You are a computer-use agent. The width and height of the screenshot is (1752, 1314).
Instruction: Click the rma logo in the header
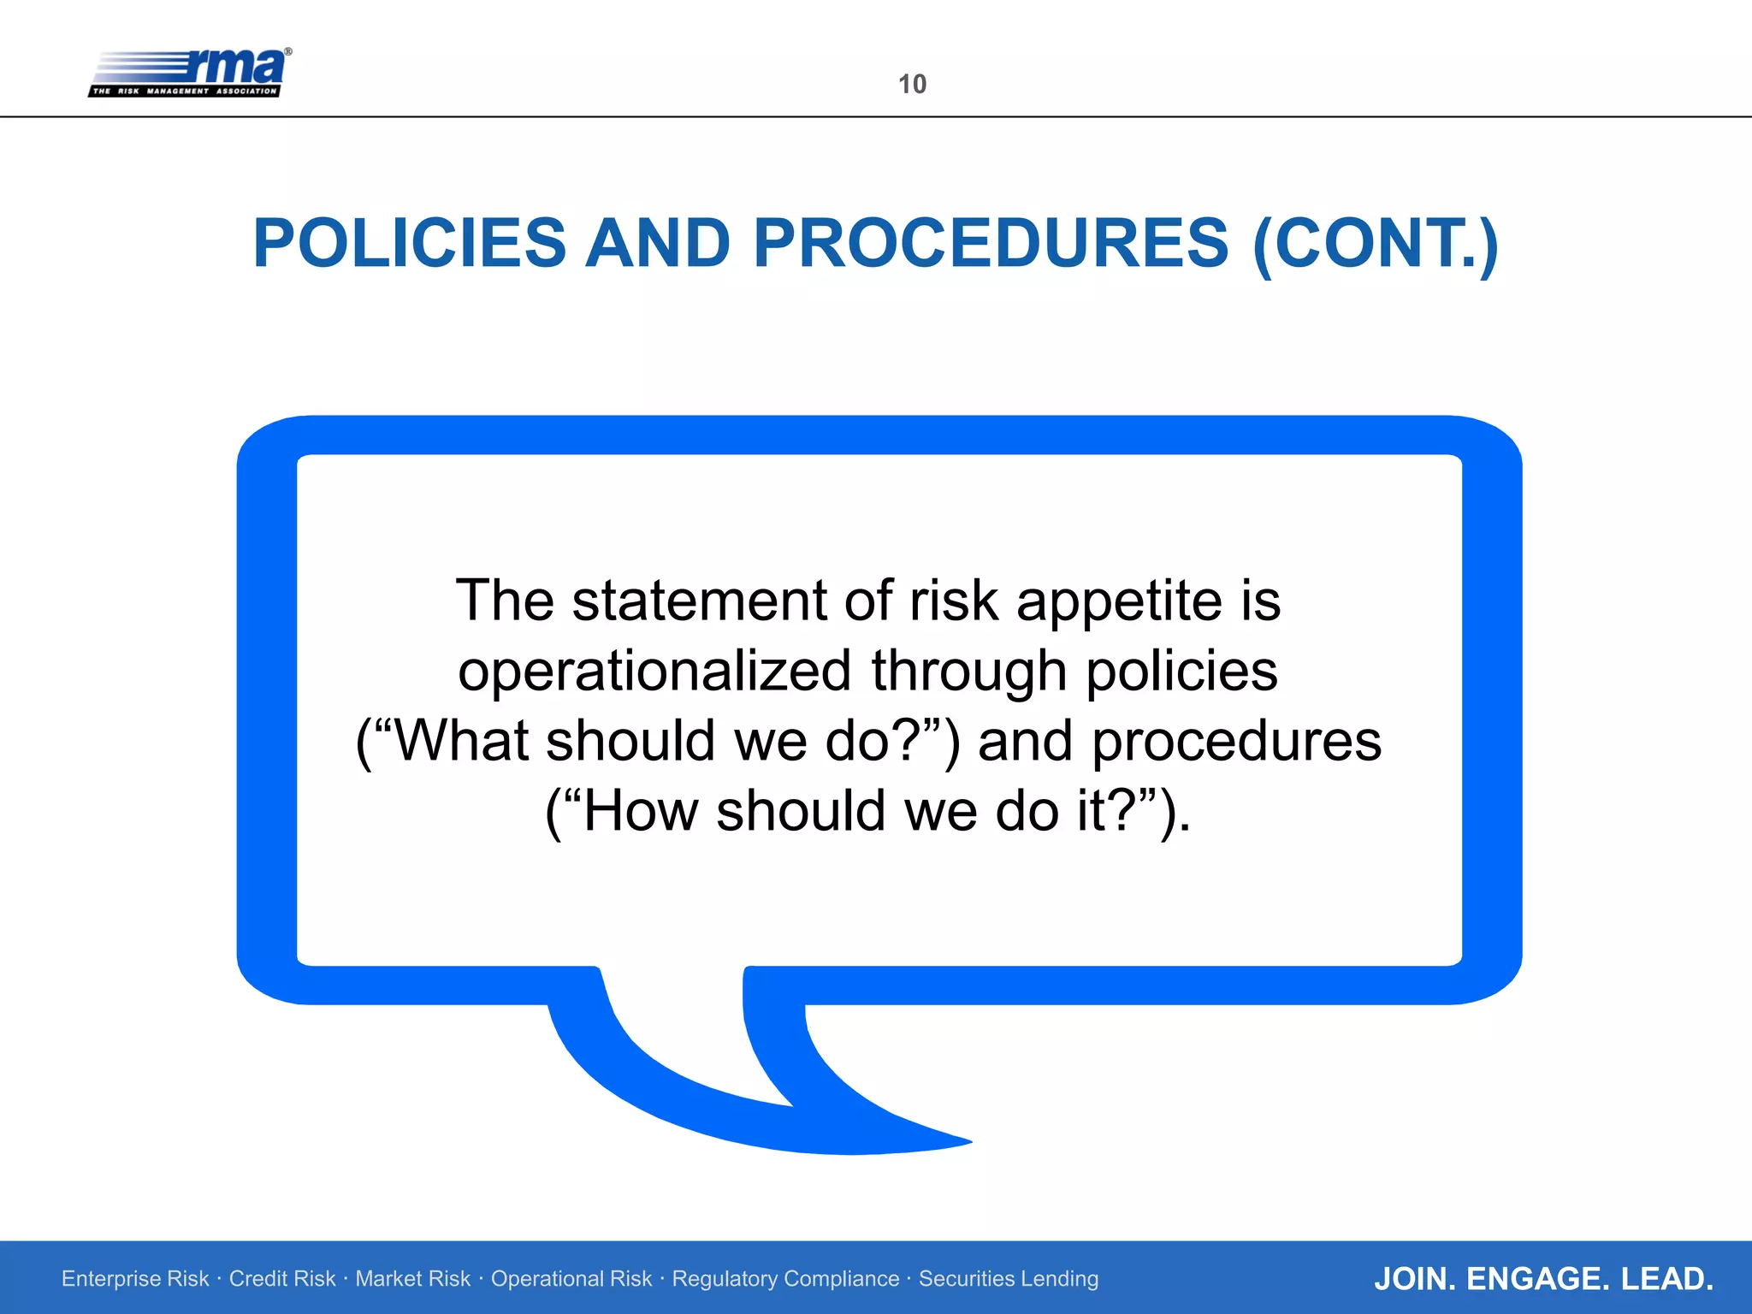pyautogui.click(x=190, y=73)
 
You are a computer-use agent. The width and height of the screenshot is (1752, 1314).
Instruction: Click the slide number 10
pyautogui.click(x=912, y=84)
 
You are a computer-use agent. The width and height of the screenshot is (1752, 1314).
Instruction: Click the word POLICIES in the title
pyautogui.click(x=410, y=244)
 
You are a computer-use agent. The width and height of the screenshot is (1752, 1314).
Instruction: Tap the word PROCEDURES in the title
pyautogui.click(x=991, y=244)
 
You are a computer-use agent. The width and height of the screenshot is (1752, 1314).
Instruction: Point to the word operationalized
pyautogui.click(x=654, y=672)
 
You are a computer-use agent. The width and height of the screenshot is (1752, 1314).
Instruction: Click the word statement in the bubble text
pyautogui.click(x=699, y=601)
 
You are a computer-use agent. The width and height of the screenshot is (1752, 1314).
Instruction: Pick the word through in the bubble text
pyautogui.click(x=969, y=672)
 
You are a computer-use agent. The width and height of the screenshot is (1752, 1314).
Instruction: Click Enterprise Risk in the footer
pyautogui.click(x=135, y=1279)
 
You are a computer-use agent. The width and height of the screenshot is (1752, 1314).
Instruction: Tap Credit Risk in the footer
pyautogui.click(x=282, y=1279)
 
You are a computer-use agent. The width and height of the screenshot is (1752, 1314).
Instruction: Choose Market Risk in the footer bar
pyautogui.click(x=413, y=1279)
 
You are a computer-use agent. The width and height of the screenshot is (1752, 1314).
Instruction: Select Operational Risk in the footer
pyautogui.click(x=571, y=1279)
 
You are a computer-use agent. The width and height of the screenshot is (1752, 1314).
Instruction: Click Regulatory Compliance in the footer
pyautogui.click(x=785, y=1279)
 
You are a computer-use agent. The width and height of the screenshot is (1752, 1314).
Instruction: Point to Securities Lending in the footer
pyautogui.click(x=1009, y=1279)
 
